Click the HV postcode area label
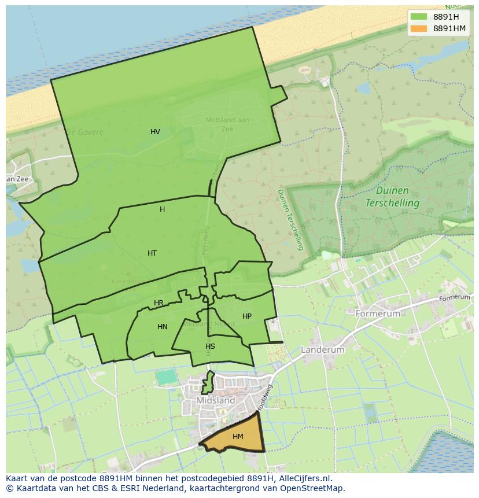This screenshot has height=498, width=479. pyautogui.click(x=155, y=132)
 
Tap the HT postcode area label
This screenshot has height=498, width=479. pyautogui.click(x=152, y=253)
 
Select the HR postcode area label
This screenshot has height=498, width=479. pyautogui.click(x=159, y=303)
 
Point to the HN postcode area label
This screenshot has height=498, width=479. pyautogui.click(x=163, y=327)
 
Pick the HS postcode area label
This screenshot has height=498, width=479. pyautogui.click(x=210, y=346)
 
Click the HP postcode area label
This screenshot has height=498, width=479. pyautogui.click(x=247, y=316)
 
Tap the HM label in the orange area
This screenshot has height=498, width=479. pyautogui.click(x=238, y=437)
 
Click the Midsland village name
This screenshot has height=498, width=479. pyautogui.click(x=216, y=400)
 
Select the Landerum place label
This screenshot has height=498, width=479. pyautogui.click(x=322, y=350)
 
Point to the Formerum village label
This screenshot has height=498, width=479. pyautogui.click(x=378, y=313)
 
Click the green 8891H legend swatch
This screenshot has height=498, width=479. pyautogui.click(x=419, y=16)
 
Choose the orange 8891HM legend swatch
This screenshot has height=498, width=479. pyautogui.click(x=419, y=28)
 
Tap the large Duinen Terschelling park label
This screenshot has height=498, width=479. pyautogui.click(x=392, y=197)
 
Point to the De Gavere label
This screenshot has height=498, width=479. pyautogui.click(x=85, y=132)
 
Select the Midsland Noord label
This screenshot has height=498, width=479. pyautogui.click(x=202, y=324)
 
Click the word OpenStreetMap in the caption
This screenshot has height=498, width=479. pyautogui.click(x=312, y=488)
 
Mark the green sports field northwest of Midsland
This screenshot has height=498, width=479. pyautogui.click(x=166, y=377)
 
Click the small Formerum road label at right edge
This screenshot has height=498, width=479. pyautogui.click(x=454, y=298)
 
